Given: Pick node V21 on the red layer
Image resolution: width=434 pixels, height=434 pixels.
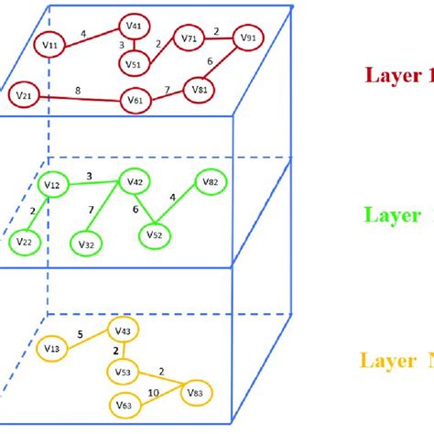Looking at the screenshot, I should pos(24,94).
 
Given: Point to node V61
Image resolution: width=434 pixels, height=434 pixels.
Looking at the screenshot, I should pos(136,99).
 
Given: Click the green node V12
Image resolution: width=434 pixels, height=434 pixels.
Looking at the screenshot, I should pos(52,186).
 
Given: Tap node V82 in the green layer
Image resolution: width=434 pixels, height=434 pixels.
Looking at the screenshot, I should pos(210,184).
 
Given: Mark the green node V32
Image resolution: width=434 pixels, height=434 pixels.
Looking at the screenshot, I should pos(87,244).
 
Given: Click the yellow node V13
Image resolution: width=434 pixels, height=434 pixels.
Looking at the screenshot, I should pos(51,349).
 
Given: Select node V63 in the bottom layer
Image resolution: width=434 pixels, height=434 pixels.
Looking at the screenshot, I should pos(124,404).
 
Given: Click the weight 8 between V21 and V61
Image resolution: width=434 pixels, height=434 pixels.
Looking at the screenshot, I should pos(76,89).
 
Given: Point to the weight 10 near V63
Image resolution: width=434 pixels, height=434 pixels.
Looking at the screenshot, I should pos(152,391).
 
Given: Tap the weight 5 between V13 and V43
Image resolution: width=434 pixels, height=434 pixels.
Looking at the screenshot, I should pos(81,335).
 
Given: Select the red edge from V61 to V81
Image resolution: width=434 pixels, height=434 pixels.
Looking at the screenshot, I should pos(168,94).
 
